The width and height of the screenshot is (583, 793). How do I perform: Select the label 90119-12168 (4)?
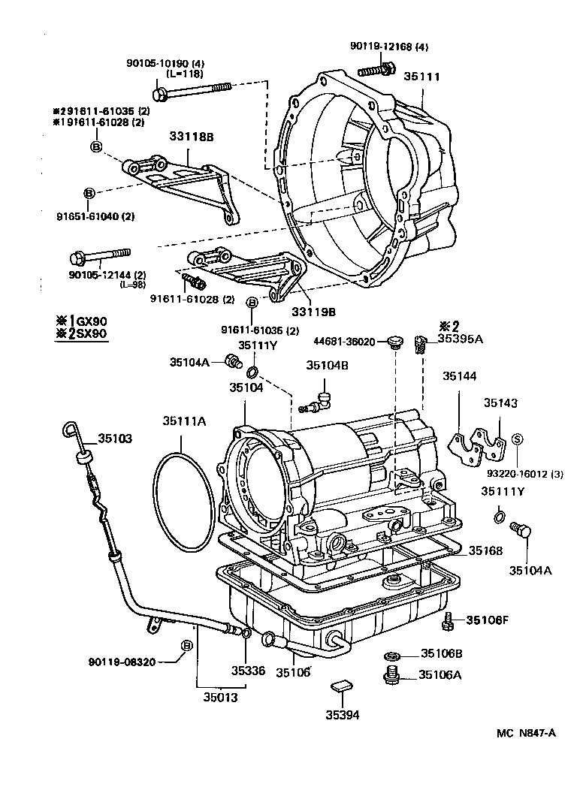pos(388,47)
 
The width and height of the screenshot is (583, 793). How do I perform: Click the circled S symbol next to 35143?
pos(517,439)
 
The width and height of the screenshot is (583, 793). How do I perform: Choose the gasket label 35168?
pos(487,551)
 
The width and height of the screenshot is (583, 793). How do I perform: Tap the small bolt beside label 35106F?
pos(448,621)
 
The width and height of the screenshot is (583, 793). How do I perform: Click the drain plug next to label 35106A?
pos(391,677)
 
